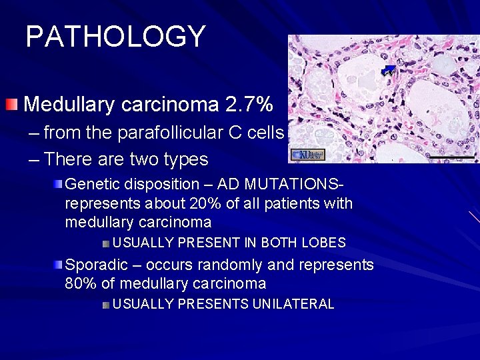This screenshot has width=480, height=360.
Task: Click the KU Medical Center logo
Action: coord(307,155)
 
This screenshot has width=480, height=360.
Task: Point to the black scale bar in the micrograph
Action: coord(451,158)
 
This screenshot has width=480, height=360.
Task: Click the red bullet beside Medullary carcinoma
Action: coord(11,104)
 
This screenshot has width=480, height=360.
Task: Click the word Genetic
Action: coord(89,184)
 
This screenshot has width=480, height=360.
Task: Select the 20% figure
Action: coord(204,203)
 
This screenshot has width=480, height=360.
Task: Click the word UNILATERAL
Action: coord(293,304)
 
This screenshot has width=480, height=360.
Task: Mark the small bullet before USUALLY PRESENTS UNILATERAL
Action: coord(106,305)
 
